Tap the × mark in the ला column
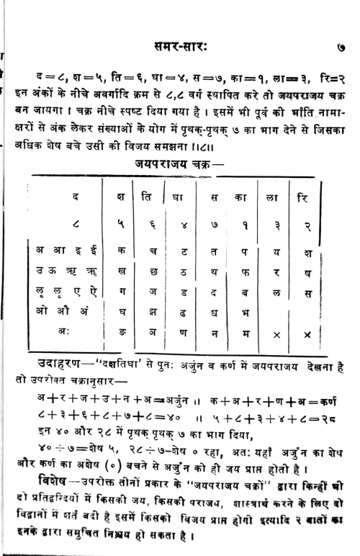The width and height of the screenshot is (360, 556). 277,333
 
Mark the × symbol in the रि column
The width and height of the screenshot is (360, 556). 307,333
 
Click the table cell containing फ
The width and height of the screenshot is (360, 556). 243,272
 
